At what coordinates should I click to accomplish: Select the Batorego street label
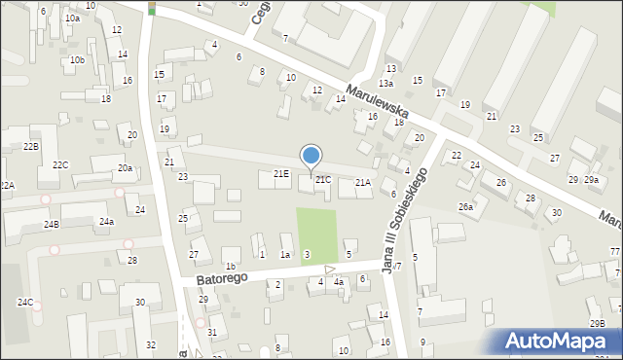point(221,279)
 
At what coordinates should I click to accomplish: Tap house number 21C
point(322,180)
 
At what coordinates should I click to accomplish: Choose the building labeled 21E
point(280,173)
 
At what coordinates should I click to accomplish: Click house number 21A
point(362,182)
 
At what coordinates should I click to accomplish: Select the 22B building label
point(31,146)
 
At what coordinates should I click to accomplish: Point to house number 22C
point(60,165)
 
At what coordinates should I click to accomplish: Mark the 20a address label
point(125,168)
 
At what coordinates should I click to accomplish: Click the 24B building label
point(51,225)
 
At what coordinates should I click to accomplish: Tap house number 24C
point(24,303)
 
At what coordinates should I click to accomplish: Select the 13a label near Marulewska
point(385,84)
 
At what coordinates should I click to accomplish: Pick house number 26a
point(465,206)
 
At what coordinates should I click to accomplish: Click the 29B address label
point(597,323)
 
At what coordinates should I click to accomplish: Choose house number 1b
point(230,266)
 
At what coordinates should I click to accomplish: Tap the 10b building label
point(77,60)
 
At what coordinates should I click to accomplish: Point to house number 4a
point(338,282)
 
